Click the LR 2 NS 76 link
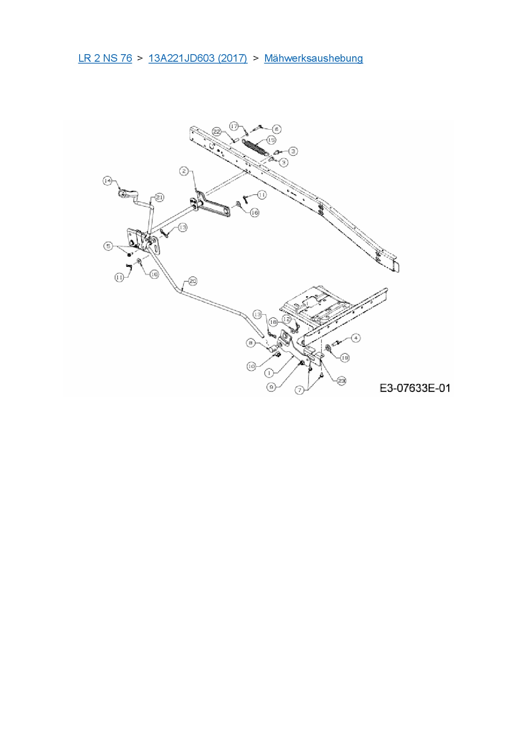click(x=105, y=58)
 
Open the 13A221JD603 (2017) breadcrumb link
click(x=198, y=58)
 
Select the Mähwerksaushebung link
click(x=314, y=58)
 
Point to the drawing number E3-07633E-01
click(x=415, y=388)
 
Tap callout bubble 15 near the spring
click(x=271, y=140)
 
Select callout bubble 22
click(x=217, y=131)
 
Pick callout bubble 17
click(x=234, y=126)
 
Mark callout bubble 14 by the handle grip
click(x=108, y=180)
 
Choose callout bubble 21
click(x=159, y=197)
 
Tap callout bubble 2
click(x=184, y=171)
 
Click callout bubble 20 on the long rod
click(x=192, y=281)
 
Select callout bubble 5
click(x=108, y=246)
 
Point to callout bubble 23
click(x=341, y=381)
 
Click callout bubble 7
click(x=299, y=390)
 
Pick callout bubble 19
click(x=345, y=358)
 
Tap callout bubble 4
click(x=356, y=338)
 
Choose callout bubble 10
click(x=251, y=366)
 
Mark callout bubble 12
click(x=286, y=319)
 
